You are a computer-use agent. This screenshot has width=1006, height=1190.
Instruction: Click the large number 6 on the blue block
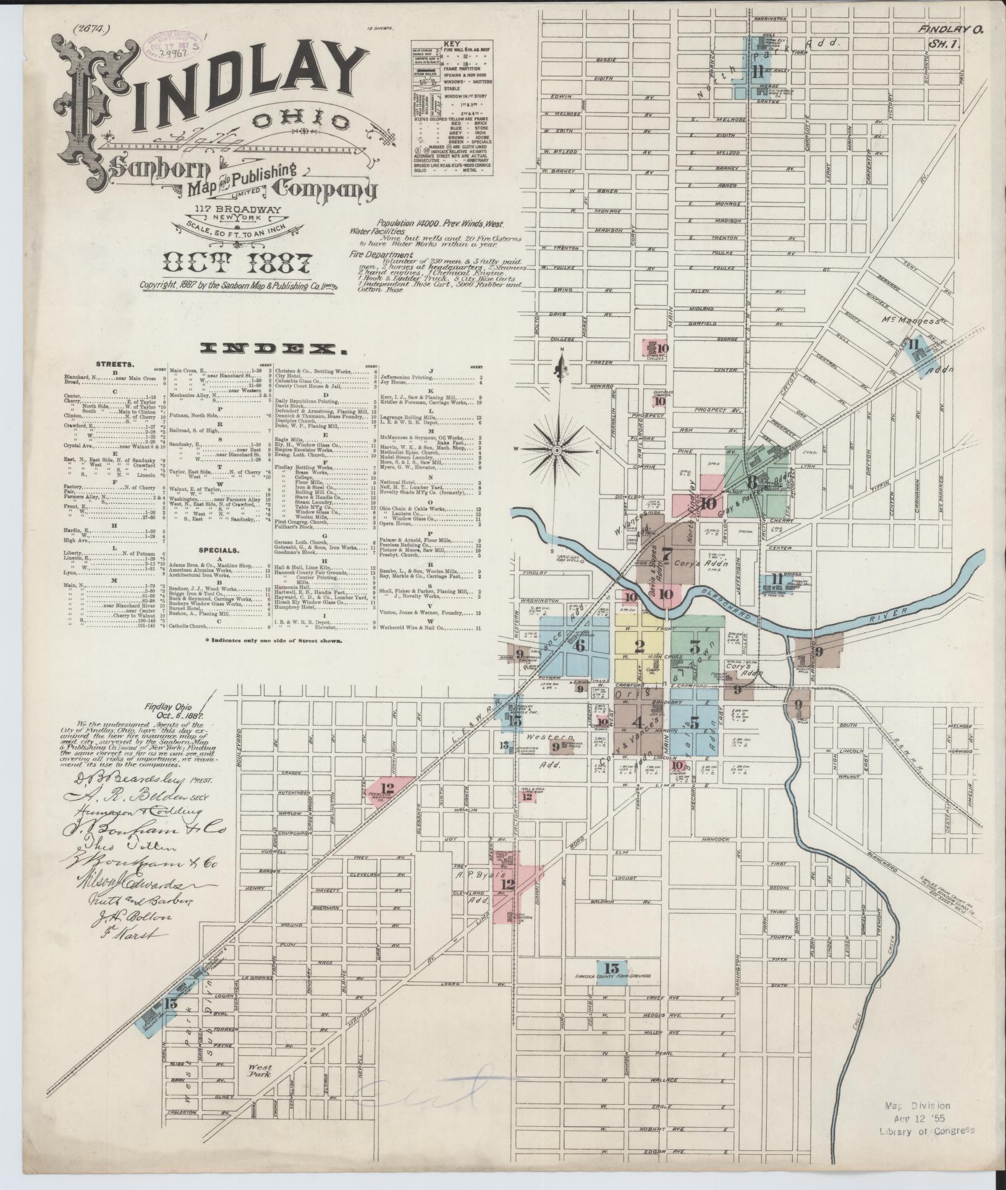(x=579, y=646)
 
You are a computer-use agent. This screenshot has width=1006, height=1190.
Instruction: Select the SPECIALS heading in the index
(x=214, y=550)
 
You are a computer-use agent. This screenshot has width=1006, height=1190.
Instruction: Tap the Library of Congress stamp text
(x=926, y=1131)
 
